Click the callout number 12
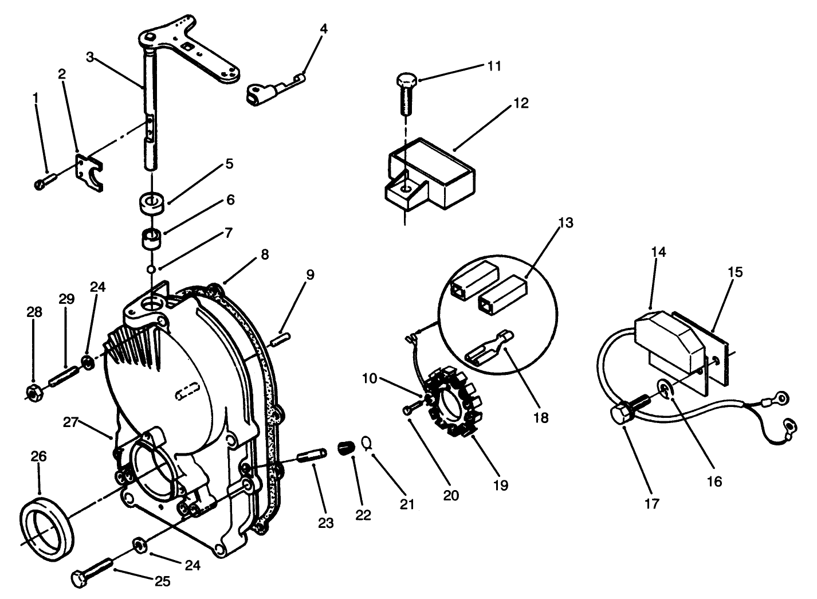click(x=521, y=104)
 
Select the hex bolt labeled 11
click(x=406, y=93)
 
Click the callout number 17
click(x=652, y=504)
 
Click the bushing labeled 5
click(x=152, y=203)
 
